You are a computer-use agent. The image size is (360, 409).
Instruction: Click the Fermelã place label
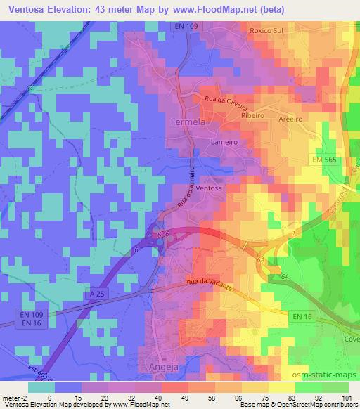(x=188, y=122)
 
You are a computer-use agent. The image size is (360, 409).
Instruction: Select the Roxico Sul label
(x=267, y=32)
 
